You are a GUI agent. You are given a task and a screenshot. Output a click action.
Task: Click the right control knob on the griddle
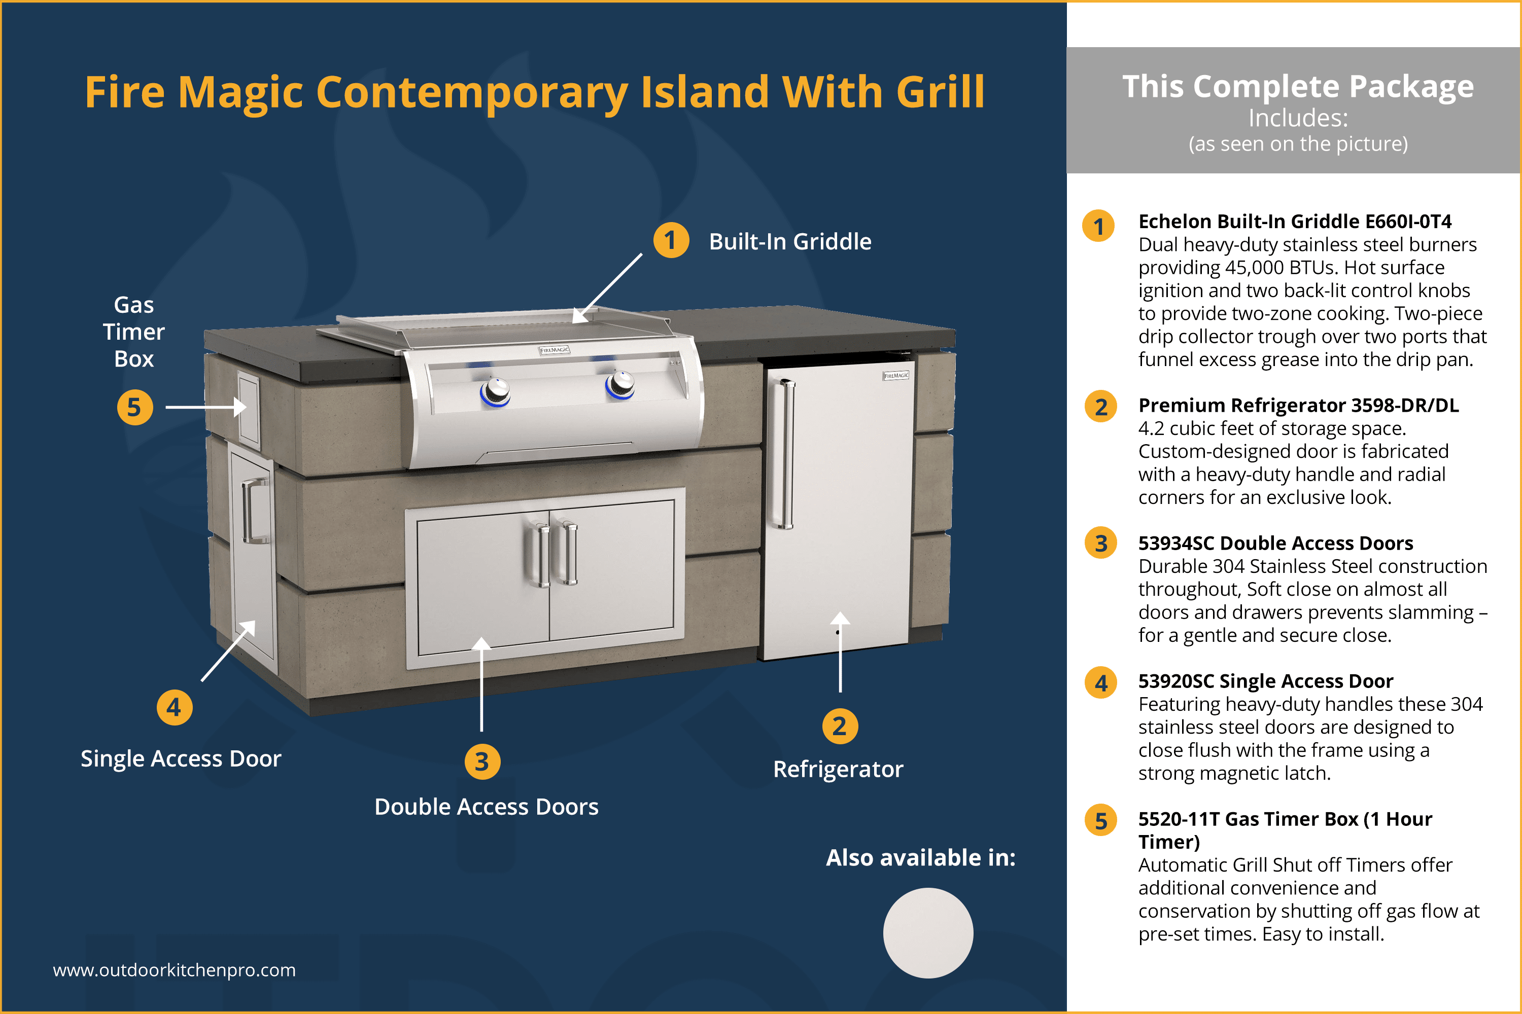(621, 384)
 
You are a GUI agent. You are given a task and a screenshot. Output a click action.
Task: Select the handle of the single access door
(254, 511)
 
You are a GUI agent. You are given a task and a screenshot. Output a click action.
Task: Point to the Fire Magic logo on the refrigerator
(896, 376)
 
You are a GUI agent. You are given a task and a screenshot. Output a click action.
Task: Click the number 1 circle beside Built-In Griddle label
(671, 240)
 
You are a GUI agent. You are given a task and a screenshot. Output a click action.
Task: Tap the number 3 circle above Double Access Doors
(482, 762)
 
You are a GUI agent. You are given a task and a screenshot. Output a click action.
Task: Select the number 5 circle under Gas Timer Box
(134, 408)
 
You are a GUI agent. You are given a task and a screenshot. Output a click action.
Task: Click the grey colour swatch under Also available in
(928, 932)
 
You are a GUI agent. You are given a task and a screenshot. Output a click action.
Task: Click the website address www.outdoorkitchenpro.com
(174, 970)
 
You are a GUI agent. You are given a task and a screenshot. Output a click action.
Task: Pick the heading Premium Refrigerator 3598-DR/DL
(1298, 406)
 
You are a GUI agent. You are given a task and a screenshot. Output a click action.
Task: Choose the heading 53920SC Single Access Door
(1265, 681)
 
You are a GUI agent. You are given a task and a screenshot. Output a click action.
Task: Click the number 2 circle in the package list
(1101, 407)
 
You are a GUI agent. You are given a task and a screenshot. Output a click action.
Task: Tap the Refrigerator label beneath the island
(838, 770)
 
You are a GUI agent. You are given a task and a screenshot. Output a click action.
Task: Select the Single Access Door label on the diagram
(181, 758)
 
